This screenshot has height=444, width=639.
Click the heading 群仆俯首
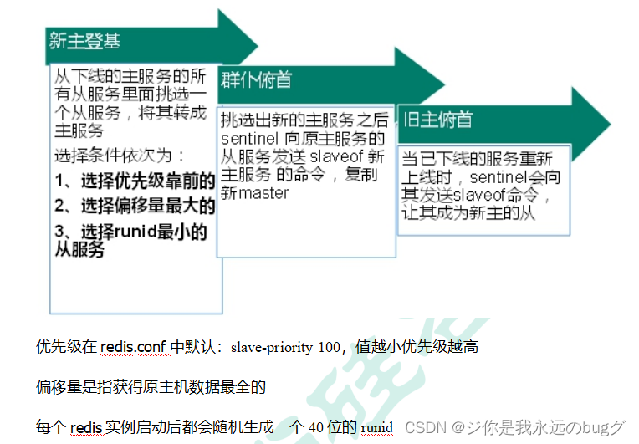tap(256, 80)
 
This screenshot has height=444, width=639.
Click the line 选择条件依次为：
tap(120, 156)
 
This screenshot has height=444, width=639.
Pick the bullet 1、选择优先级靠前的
tap(135, 180)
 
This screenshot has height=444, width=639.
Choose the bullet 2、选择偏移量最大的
tap(135, 206)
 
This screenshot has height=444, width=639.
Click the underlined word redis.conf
tap(134, 346)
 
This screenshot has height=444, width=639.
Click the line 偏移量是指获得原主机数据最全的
tap(151, 387)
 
